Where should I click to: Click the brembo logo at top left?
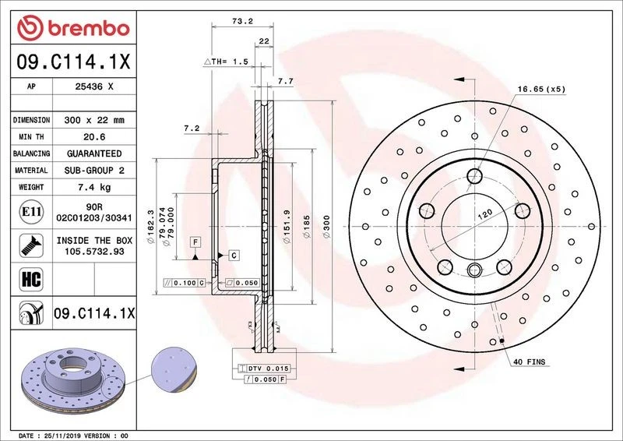click(x=72, y=28)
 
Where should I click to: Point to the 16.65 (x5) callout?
click(x=541, y=90)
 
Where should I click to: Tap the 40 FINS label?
click(x=530, y=362)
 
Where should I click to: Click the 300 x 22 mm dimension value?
click(x=95, y=121)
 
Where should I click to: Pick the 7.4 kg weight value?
click(x=95, y=188)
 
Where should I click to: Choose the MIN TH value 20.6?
click(x=95, y=137)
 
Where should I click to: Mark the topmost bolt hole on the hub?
click(x=475, y=176)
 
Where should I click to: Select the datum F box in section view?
click(x=194, y=242)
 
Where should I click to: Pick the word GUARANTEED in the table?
click(x=95, y=153)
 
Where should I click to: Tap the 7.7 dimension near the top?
click(x=285, y=81)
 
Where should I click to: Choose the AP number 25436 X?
click(x=95, y=87)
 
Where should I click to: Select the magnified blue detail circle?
click(x=174, y=369)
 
